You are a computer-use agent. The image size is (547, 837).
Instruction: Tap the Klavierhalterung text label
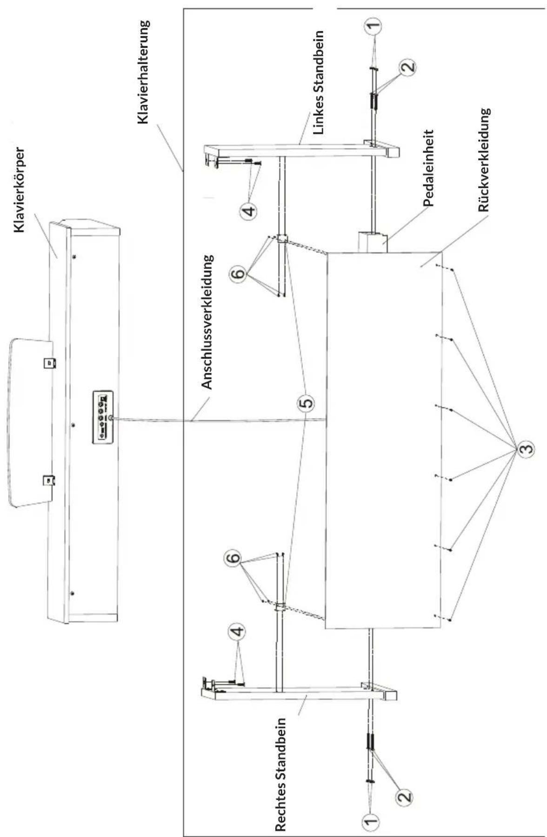(143, 72)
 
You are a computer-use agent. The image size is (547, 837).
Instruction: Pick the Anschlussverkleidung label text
(207, 322)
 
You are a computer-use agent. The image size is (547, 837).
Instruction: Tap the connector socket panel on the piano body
(103, 414)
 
